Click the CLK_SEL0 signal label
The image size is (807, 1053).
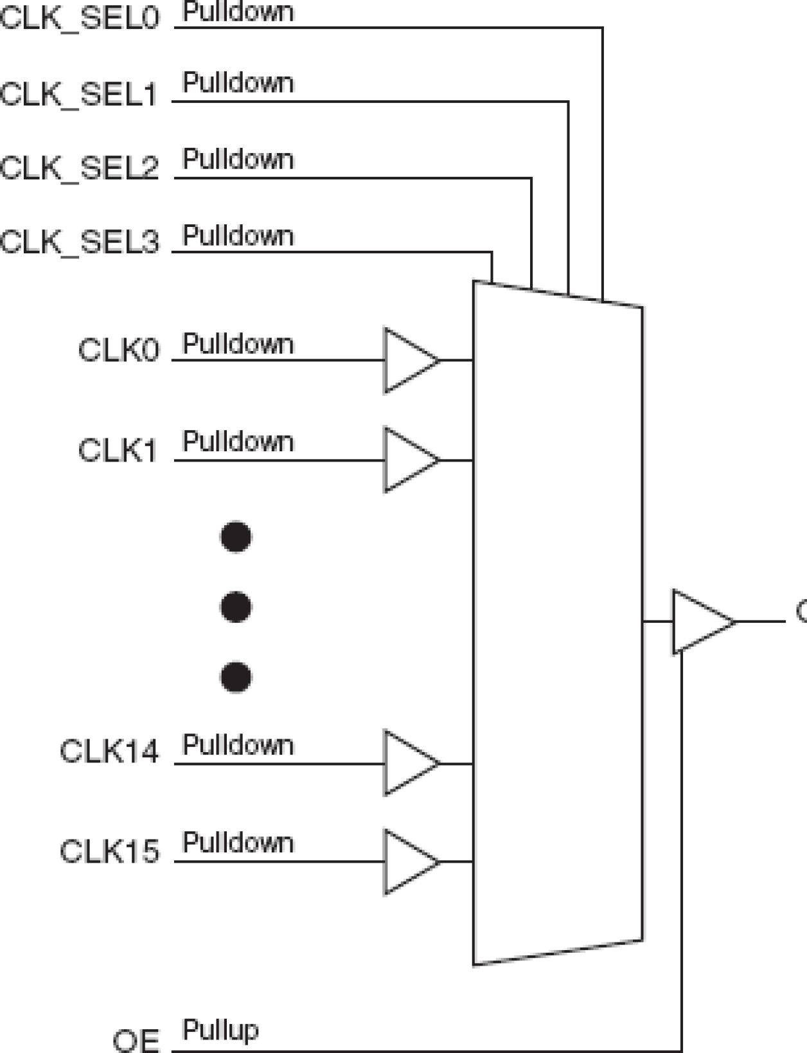(79, 18)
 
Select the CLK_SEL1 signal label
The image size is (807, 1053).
(79, 94)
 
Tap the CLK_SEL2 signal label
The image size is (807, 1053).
(79, 168)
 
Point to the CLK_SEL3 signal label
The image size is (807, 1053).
(79, 242)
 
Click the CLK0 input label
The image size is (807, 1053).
(118, 351)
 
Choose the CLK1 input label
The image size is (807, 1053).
(118, 450)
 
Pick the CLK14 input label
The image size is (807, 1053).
(109, 751)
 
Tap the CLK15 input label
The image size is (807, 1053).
(109, 851)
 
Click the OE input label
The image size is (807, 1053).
(136, 1040)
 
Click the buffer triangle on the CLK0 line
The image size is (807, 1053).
(408, 360)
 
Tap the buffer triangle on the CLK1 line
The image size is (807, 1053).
(408, 460)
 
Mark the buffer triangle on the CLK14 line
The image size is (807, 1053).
(408, 763)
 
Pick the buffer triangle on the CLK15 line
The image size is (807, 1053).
(408, 861)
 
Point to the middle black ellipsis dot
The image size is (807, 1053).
(236, 607)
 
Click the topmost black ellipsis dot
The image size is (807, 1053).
(236, 537)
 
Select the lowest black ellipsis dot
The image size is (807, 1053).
(236, 677)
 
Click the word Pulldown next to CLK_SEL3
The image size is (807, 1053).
(238, 236)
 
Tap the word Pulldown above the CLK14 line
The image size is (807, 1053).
(238, 745)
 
